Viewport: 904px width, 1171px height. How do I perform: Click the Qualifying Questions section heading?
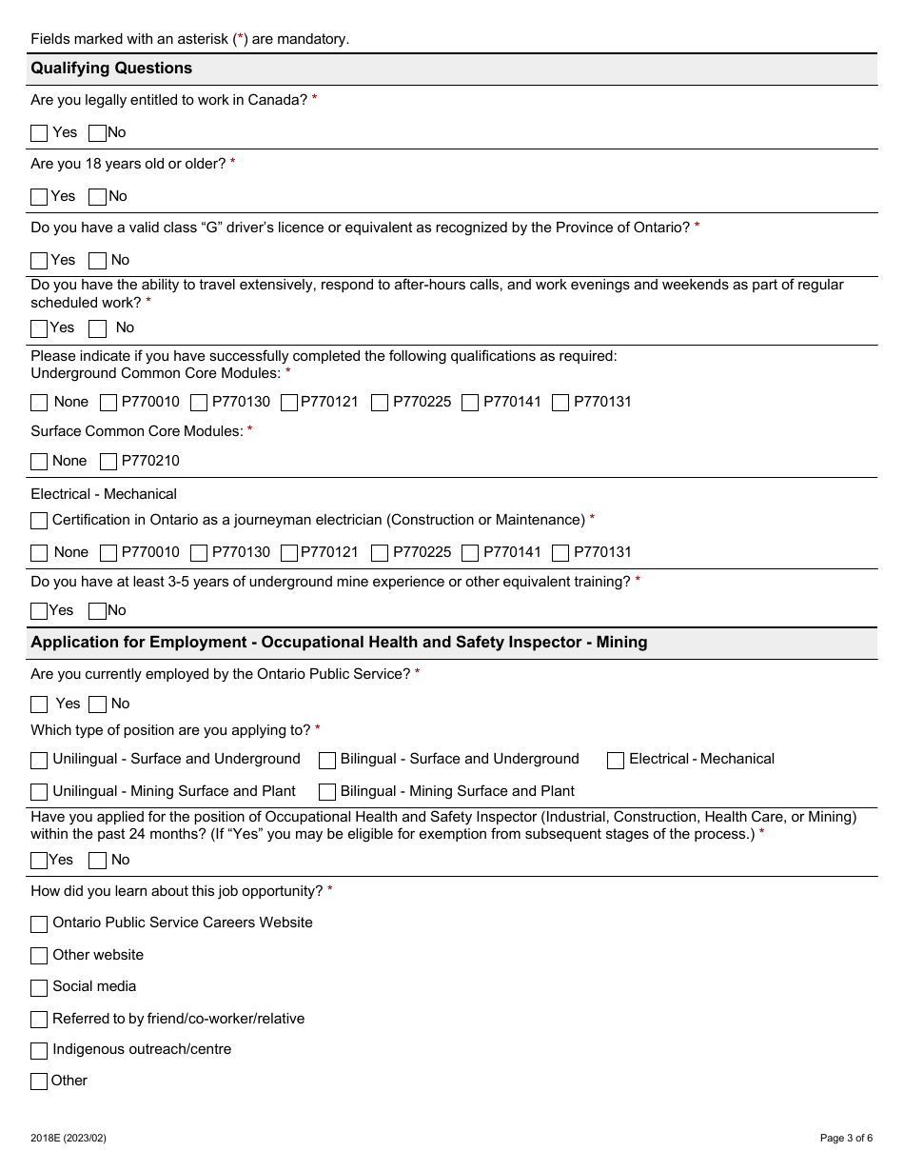pos(111,69)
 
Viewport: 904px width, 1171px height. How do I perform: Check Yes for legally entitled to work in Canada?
pos(39,133)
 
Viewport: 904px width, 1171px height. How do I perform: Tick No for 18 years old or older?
pos(97,197)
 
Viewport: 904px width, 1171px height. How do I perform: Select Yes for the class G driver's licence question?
pos(39,261)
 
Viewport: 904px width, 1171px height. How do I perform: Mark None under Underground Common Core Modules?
pos(39,403)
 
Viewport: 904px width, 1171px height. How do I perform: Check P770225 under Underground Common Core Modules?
pos(380,403)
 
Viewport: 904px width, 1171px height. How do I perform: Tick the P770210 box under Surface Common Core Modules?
pos(108,462)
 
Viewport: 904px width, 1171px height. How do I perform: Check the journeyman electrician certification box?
pos(39,521)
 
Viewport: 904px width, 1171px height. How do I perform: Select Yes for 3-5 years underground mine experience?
pos(39,611)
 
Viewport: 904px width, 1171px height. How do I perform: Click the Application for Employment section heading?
pos(339,643)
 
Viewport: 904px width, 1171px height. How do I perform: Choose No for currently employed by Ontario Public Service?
pos(97,705)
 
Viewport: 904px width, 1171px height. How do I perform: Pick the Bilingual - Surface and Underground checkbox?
pos(327,761)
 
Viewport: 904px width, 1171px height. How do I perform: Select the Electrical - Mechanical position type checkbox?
pos(616,761)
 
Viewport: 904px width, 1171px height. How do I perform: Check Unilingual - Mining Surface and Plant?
pos(39,792)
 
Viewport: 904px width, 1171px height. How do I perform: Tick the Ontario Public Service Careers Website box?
pos(39,924)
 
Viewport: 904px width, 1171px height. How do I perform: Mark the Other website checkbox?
pos(39,956)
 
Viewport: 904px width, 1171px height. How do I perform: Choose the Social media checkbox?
pos(39,988)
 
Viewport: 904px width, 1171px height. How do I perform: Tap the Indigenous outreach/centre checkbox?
pos(39,1051)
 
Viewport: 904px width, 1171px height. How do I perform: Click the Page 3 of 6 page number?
pos(846,1138)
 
